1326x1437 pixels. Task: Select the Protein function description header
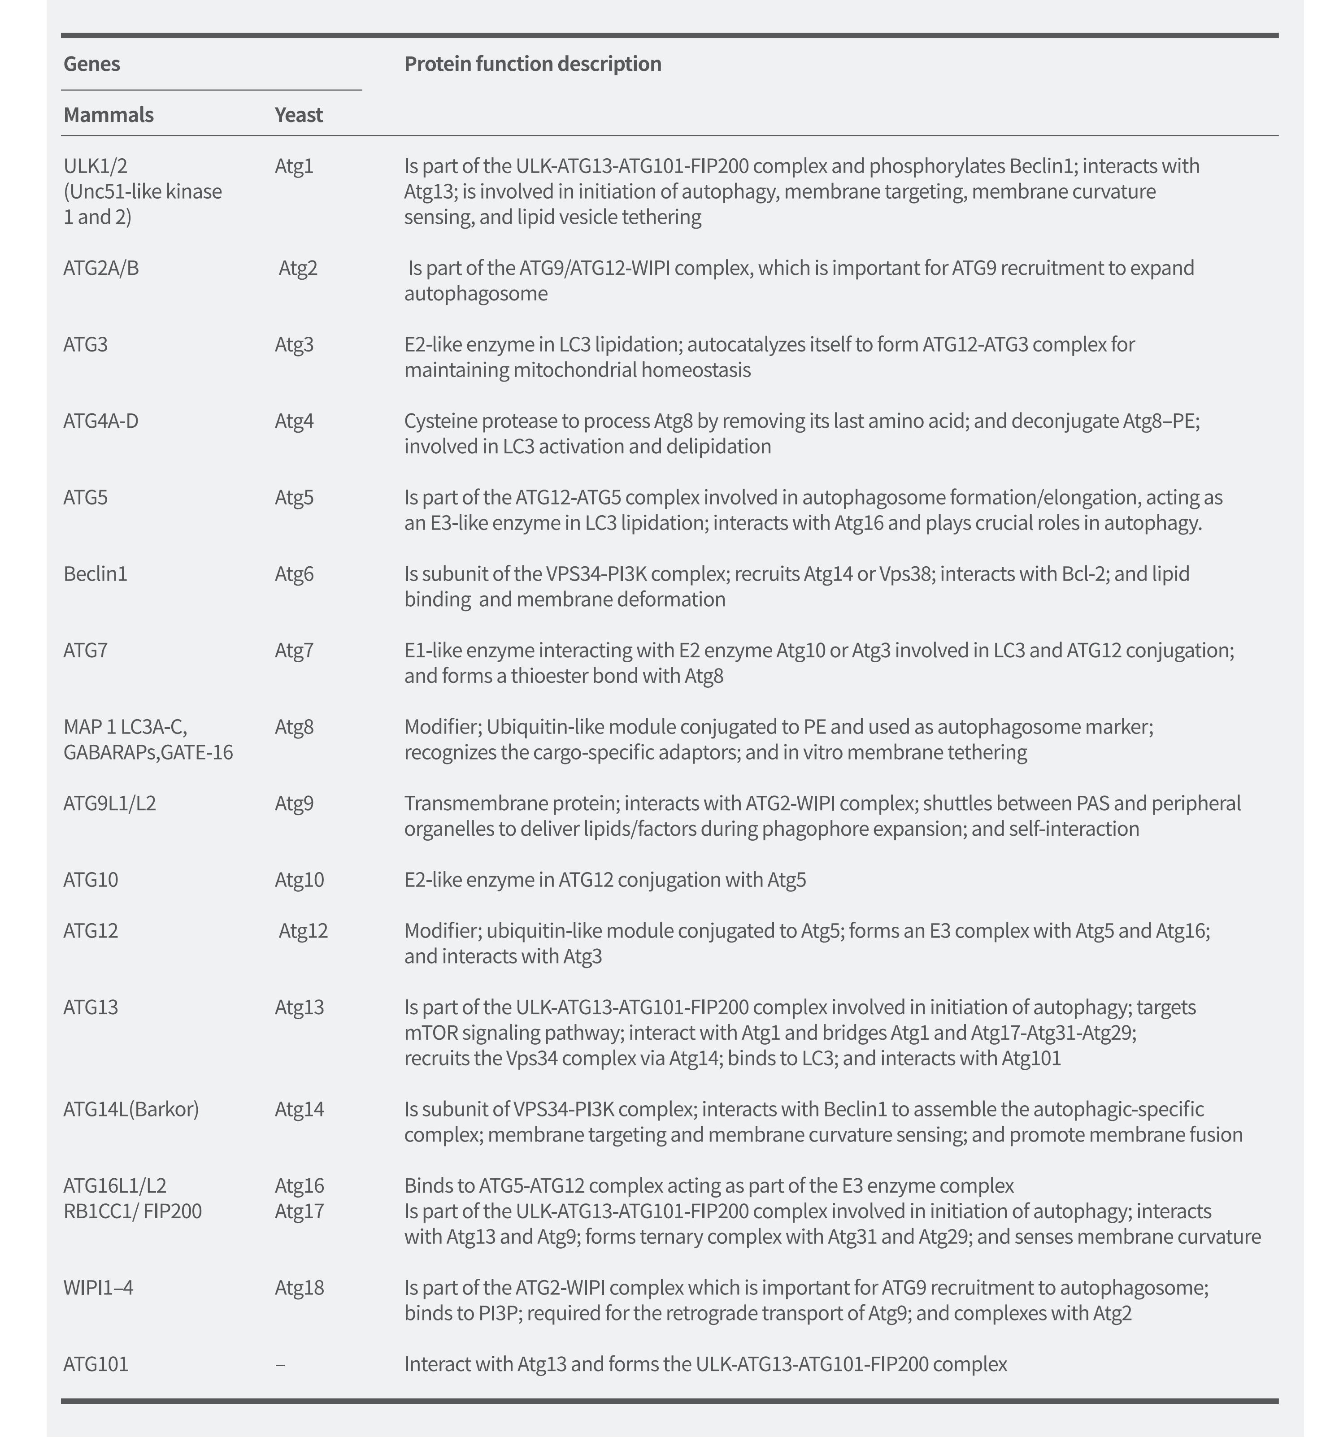[532, 64]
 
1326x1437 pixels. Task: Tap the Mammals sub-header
[109, 115]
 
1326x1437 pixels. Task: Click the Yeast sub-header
[299, 115]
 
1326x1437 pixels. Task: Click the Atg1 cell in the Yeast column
[294, 166]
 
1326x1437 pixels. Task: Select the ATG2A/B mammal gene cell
[101, 268]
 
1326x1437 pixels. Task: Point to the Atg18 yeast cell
[299, 1288]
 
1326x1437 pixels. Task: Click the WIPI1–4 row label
[98, 1288]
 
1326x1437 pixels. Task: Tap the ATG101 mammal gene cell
[96, 1364]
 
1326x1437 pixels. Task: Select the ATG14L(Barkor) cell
[131, 1109]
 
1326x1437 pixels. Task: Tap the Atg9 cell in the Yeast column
[294, 803]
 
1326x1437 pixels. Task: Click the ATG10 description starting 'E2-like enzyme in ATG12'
[605, 880]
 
